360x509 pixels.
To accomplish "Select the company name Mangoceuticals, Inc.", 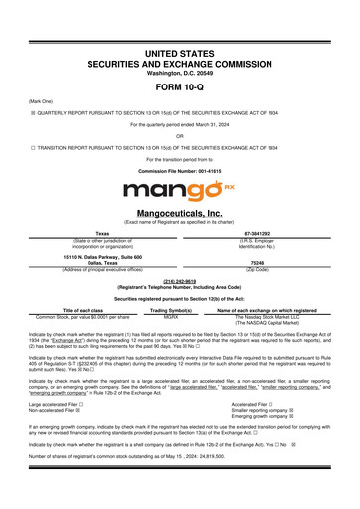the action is point(179,213).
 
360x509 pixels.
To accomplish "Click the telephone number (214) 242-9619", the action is point(179,281).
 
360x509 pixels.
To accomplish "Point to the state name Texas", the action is point(89,234).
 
